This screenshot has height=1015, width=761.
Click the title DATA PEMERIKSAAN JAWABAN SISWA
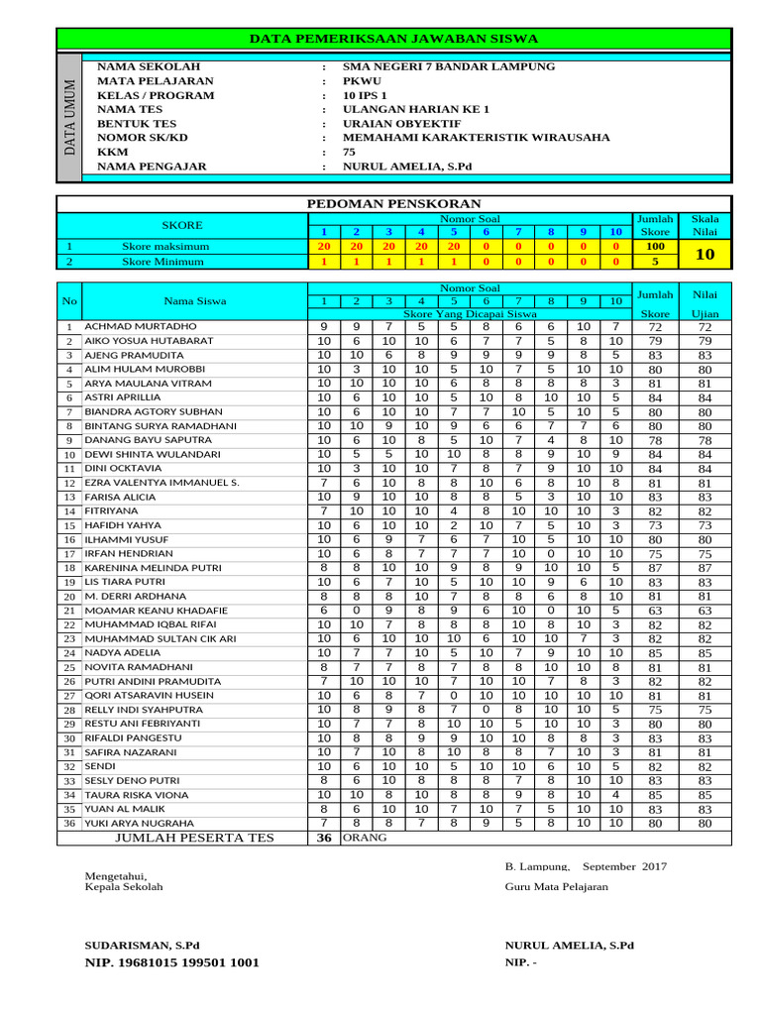click(x=393, y=39)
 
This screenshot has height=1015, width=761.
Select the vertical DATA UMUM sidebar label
click(x=68, y=117)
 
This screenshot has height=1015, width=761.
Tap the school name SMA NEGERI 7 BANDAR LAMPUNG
click(x=448, y=66)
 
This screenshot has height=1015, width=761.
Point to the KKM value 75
click(x=349, y=152)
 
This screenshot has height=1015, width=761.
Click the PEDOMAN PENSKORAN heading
click(x=393, y=202)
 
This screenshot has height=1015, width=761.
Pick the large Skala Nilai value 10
click(x=706, y=254)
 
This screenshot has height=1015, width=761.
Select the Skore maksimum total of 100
click(x=654, y=246)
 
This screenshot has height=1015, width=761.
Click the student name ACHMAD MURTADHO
click(x=141, y=326)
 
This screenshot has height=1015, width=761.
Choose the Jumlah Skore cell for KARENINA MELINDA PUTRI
click(x=654, y=568)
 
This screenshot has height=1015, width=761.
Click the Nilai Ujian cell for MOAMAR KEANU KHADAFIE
click(x=705, y=612)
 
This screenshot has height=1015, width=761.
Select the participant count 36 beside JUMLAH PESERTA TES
click(x=323, y=838)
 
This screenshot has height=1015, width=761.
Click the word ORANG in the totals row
click(x=365, y=838)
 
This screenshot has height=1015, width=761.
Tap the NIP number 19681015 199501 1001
click(x=173, y=962)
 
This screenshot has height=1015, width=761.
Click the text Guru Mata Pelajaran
click(x=556, y=887)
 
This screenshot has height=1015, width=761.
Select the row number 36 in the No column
click(x=69, y=824)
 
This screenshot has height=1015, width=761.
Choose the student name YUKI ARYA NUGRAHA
click(x=140, y=824)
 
